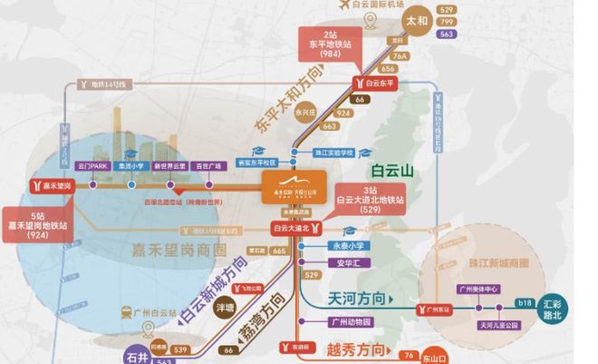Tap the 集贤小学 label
(132, 167)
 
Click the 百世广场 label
(208, 167)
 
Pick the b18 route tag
(524, 301)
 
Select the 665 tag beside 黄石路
(279, 251)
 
